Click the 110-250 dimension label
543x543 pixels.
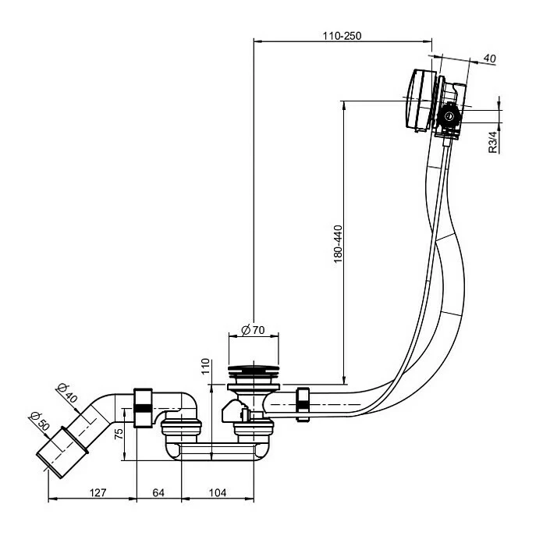pos(342,36)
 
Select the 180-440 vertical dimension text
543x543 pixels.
pos(338,243)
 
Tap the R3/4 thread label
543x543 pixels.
pos(492,142)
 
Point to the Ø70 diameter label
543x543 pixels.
pos(253,330)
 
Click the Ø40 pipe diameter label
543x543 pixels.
pos(67,392)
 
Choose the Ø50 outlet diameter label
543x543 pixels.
pos(40,421)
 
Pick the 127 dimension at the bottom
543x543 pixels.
pos(98,492)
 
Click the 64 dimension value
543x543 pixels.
pos(158,492)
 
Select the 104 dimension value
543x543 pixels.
pos(218,492)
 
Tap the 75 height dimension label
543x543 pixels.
pos(119,434)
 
